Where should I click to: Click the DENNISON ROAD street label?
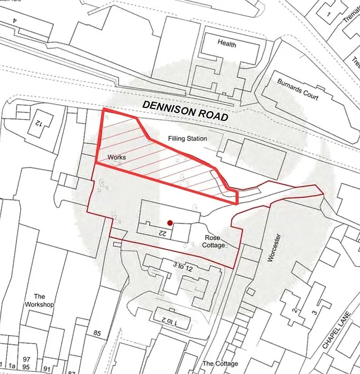click(x=184, y=111)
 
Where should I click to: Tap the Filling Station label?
click(x=188, y=138)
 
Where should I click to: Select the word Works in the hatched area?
click(x=117, y=157)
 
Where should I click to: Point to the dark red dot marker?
click(x=169, y=223)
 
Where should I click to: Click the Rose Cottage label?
click(x=213, y=241)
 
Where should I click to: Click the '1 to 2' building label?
click(x=168, y=321)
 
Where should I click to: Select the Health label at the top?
click(x=227, y=44)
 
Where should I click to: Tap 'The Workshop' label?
click(x=39, y=300)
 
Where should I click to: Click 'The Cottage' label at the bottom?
click(x=220, y=364)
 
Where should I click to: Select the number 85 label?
click(x=97, y=334)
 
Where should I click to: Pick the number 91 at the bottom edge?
click(x=47, y=370)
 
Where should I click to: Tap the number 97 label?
click(x=26, y=359)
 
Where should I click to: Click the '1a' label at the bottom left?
click(x=12, y=366)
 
